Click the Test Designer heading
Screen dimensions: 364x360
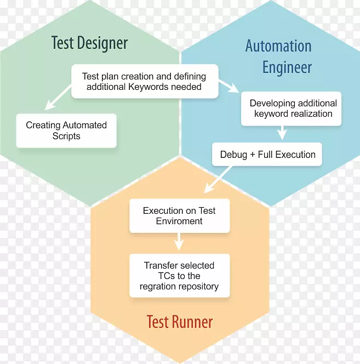89,43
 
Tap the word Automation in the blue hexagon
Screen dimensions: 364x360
278,46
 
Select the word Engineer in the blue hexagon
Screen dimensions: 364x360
287,68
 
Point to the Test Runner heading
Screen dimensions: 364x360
179,321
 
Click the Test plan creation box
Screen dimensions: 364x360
145,82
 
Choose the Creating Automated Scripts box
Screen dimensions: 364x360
66,130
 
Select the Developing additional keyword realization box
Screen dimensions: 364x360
293,109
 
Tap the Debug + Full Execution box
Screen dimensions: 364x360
267,155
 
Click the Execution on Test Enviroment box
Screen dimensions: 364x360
179,216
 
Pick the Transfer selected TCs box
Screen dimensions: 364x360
179,276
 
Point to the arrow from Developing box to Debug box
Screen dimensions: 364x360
282,133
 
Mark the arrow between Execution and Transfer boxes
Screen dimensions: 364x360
179,241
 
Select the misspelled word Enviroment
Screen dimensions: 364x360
179,221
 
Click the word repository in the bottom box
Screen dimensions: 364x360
196,286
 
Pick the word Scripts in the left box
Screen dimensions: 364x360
66,136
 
